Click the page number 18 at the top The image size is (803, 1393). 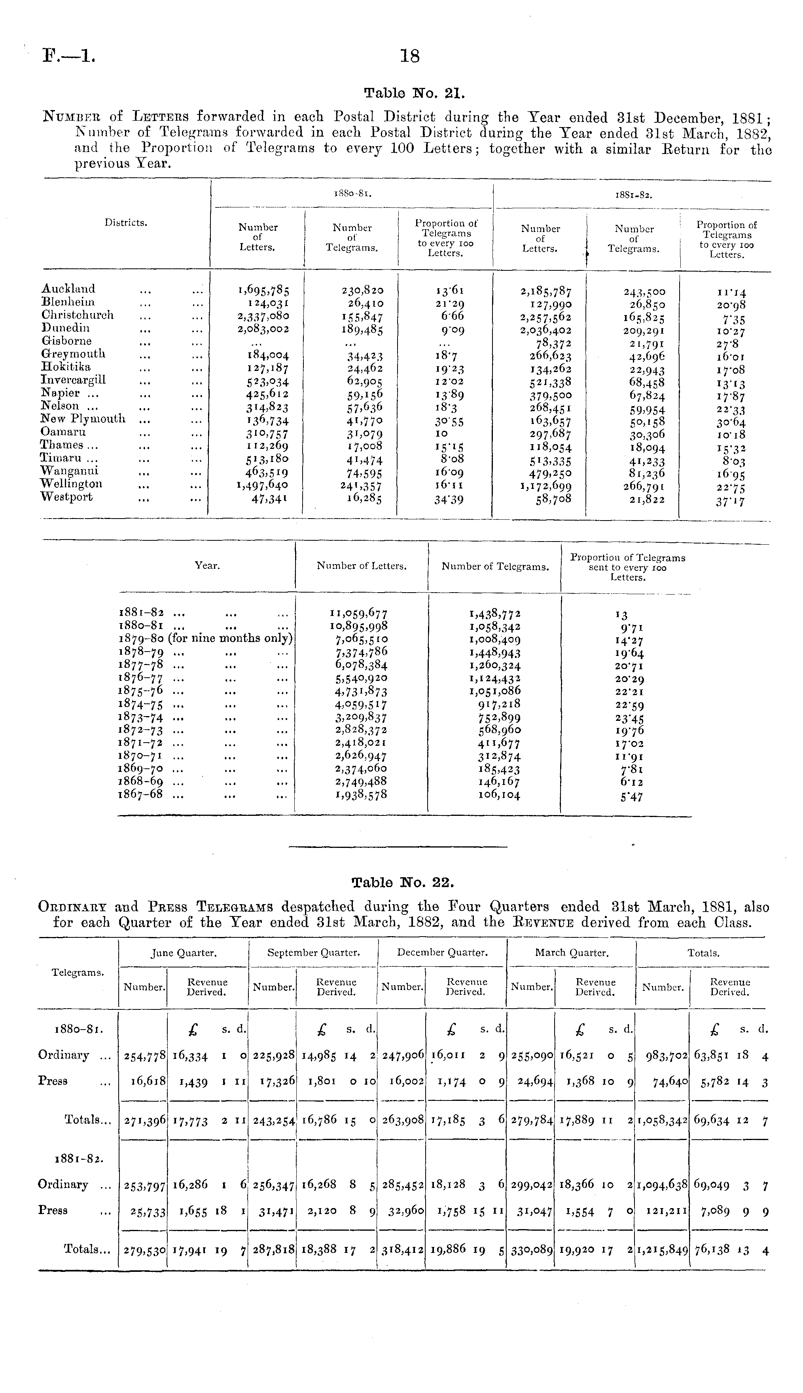tap(410, 56)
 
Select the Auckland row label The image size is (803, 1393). tap(68, 289)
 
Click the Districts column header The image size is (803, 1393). tap(126, 223)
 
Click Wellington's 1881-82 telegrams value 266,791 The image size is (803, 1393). tap(641, 486)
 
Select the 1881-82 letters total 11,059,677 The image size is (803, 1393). tap(358, 613)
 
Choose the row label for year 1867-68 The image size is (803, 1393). tap(141, 795)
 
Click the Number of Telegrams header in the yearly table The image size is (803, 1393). tap(495, 566)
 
